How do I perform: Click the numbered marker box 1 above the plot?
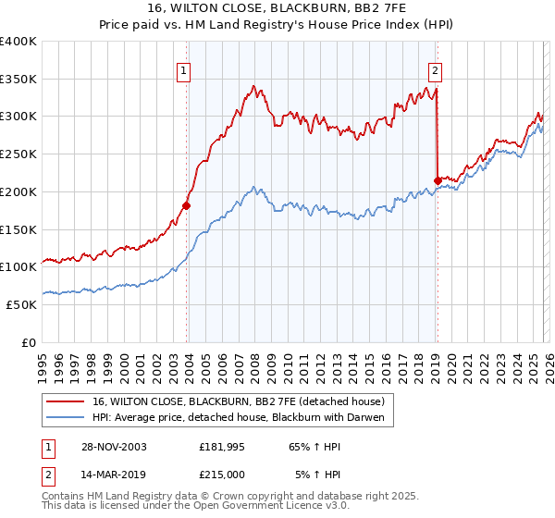[x=184, y=69]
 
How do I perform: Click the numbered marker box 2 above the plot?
[x=435, y=69]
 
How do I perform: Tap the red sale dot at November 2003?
[x=187, y=205]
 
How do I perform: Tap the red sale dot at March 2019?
[x=437, y=180]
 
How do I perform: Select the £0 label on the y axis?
[x=29, y=342]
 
